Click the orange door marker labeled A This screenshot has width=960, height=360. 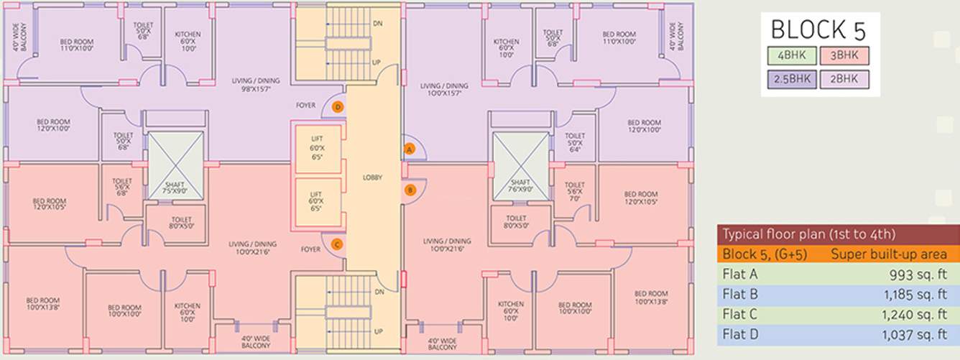click(410, 149)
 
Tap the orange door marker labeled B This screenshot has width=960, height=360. click(410, 190)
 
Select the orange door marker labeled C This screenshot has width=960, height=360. click(336, 244)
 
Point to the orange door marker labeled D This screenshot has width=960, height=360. click(337, 108)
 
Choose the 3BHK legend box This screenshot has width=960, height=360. click(844, 55)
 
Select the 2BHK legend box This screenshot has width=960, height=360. click(844, 79)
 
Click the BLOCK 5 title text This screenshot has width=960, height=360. click(818, 29)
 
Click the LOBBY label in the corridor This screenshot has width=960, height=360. click(372, 177)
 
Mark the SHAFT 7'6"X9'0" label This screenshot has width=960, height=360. click(520, 186)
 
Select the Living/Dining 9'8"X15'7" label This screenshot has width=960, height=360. click(255, 86)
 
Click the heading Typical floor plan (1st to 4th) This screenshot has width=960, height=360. click(797, 234)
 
